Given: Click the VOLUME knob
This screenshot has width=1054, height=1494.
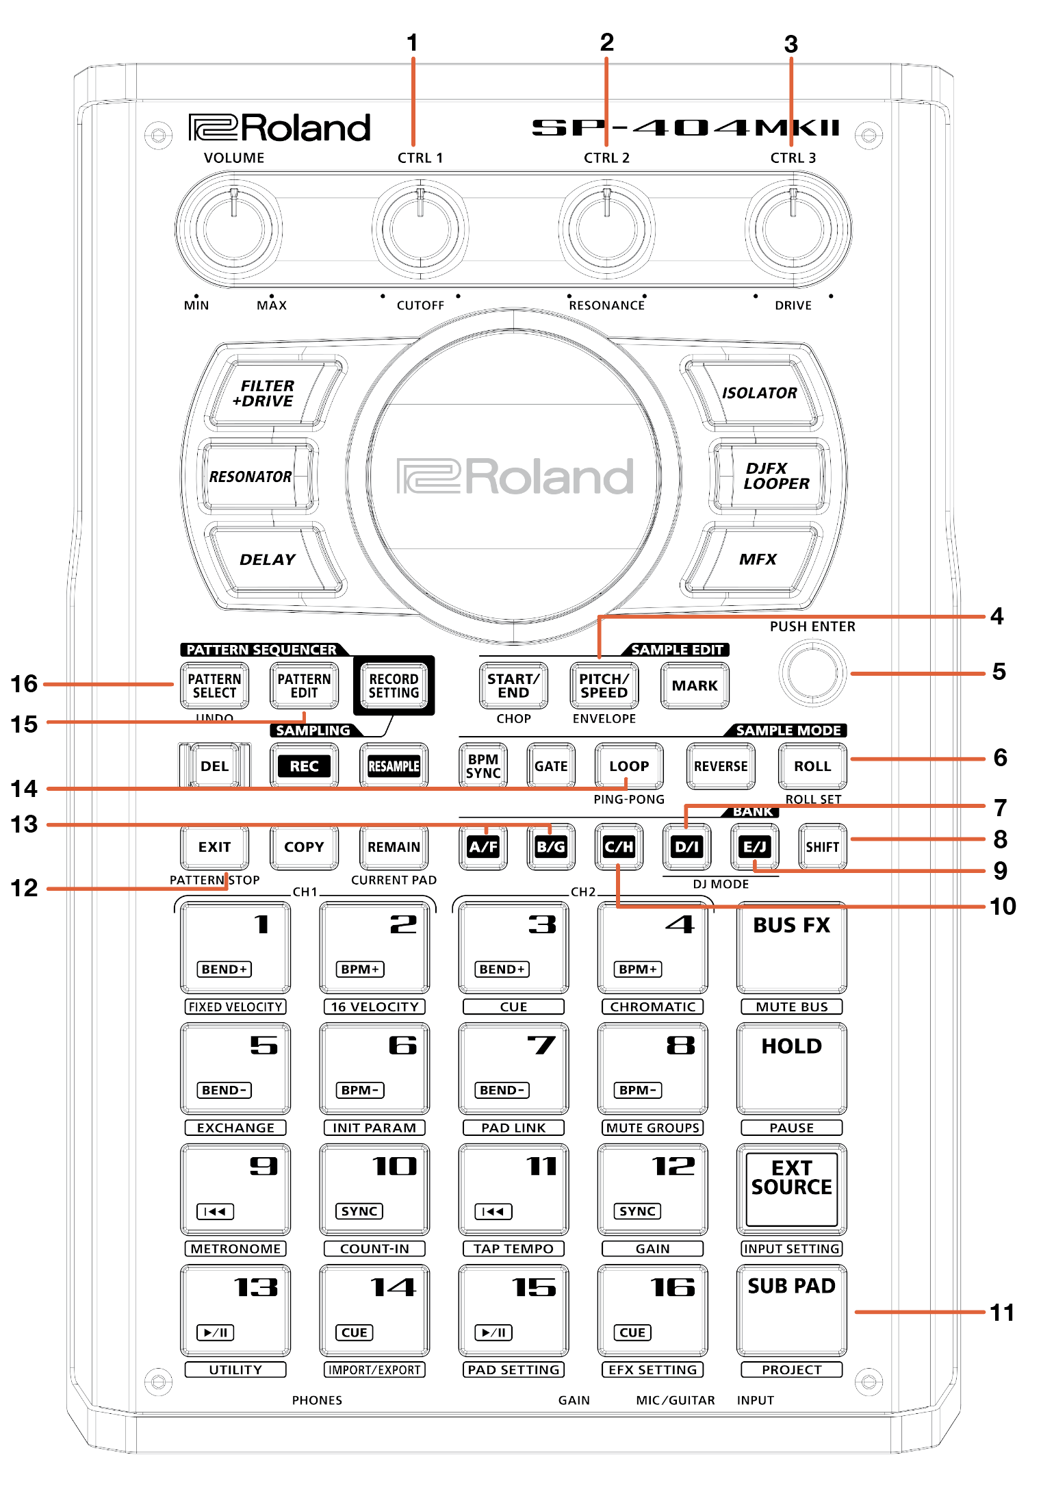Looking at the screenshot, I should pos(233,229).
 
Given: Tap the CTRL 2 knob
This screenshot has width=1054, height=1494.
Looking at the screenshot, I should pos(606,229).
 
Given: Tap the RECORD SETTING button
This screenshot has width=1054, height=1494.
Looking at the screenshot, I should pos(394,685).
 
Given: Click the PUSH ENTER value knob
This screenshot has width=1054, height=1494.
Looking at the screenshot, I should pos(812,674).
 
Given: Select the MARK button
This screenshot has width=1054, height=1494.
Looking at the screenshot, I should pos(695,685).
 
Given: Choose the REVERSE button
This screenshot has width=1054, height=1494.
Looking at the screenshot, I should pos(721,766).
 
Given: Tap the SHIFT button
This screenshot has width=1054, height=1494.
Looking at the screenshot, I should pos(822,847).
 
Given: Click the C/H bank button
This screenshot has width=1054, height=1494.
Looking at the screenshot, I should pos(619,847).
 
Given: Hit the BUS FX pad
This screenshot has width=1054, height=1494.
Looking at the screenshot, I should pos(791,948).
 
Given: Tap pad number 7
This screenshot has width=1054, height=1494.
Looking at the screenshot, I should pos(513,1068).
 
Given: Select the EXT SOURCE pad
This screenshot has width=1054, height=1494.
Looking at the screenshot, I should pos(791,1189).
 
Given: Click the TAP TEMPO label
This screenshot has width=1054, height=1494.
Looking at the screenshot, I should pos(513,1249).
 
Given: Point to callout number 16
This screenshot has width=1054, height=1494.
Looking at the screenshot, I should pos(24,683).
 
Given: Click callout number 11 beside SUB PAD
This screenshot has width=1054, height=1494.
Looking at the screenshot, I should pos(1002,1313).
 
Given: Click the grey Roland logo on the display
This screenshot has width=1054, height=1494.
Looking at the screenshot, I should pos(515,477).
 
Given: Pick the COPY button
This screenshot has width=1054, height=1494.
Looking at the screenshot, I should pos(304,847).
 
